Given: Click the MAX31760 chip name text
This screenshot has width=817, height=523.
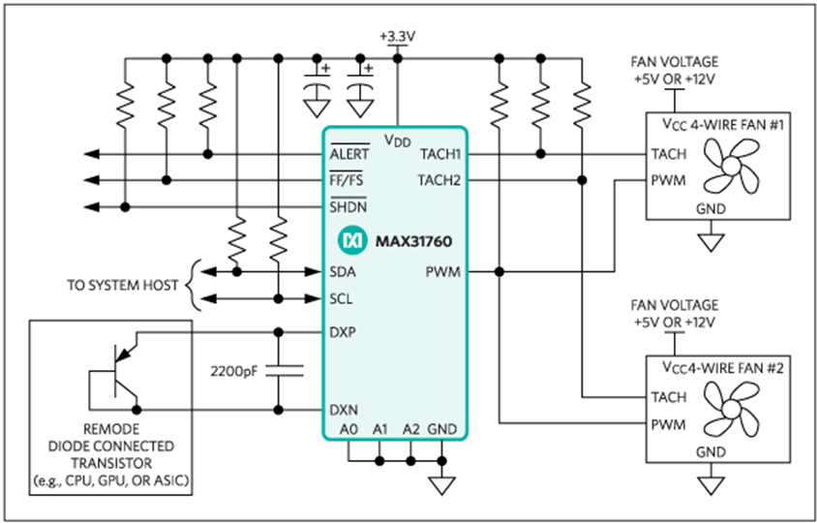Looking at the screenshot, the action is [x=413, y=241].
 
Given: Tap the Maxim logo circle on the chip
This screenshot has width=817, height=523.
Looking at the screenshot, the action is [x=352, y=241].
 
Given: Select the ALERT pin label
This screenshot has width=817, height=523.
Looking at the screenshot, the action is [x=349, y=154].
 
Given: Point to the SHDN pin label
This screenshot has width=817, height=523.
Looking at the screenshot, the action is [x=348, y=207].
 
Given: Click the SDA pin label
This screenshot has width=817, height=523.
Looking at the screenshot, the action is [x=343, y=271].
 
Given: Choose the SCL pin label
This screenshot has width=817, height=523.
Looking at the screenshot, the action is [x=342, y=298].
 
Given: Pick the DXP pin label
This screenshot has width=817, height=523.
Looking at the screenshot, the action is [x=343, y=332].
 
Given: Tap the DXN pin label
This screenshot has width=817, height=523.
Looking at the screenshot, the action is [x=344, y=410].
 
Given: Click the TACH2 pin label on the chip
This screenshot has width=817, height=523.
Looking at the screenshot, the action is [x=439, y=180].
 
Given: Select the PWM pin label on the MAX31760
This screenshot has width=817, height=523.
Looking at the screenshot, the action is [x=443, y=271].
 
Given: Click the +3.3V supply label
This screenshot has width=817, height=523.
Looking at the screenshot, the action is [x=398, y=37].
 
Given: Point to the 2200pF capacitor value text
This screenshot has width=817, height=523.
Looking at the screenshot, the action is [x=234, y=372].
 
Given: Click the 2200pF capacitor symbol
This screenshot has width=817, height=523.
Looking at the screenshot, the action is [x=284, y=371].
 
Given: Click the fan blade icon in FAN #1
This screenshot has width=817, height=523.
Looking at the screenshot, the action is [x=731, y=166].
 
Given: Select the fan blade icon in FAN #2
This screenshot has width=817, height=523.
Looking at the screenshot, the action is [x=731, y=409].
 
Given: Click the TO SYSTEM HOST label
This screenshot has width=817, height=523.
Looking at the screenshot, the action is [x=122, y=285].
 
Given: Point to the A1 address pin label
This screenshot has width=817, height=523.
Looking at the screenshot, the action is [x=380, y=429].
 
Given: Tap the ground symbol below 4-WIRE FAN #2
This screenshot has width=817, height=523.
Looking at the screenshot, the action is [x=711, y=485].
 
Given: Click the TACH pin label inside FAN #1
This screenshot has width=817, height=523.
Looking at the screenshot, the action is [x=669, y=154].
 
